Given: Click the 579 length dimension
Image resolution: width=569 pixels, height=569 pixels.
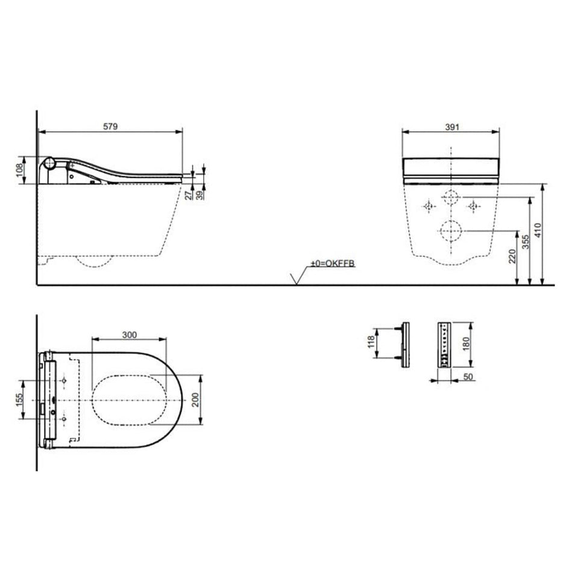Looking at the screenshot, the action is click(110, 127).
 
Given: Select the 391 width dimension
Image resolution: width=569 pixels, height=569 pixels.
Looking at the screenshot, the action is click(452, 127).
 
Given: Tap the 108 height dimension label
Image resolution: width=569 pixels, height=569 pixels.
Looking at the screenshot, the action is click(20, 170).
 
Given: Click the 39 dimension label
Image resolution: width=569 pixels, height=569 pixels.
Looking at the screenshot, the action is click(200, 195).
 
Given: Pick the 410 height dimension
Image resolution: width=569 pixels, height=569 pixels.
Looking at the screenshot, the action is click(538, 230).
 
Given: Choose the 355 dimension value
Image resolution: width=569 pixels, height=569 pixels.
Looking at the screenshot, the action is click(526, 242).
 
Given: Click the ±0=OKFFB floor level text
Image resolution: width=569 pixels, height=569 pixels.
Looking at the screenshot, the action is click(332, 263).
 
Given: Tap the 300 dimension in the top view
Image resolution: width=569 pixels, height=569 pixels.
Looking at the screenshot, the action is click(129, 335).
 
